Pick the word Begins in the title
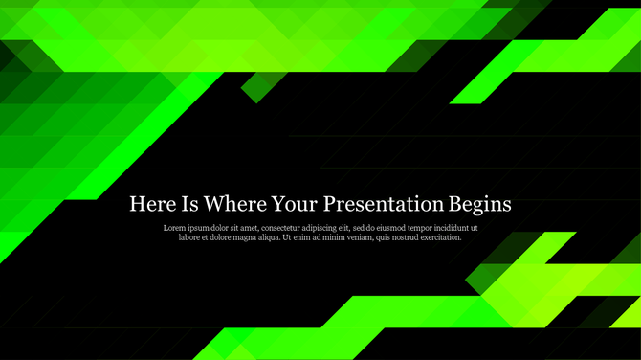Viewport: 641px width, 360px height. pos(481,204)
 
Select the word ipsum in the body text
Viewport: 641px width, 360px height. pos(204,228)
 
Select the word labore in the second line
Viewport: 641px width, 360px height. pos(191,237)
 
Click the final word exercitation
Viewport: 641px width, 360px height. pos(444,237)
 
